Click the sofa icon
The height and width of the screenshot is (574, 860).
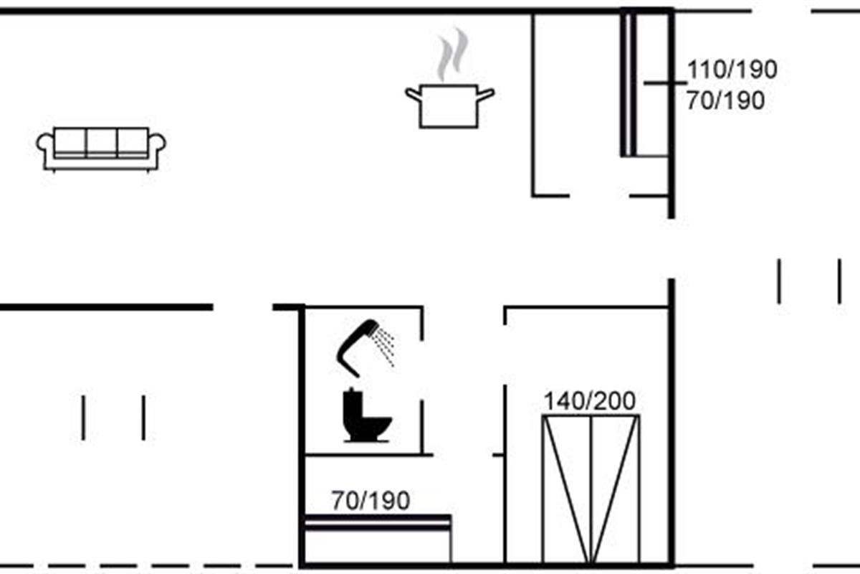101,149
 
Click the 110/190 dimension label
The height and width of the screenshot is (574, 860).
732,70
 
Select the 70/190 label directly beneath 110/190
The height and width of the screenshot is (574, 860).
725,101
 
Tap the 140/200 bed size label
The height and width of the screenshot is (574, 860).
589,401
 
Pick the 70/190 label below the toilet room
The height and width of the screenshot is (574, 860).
371,501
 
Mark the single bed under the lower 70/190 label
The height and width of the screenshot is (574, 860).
378,538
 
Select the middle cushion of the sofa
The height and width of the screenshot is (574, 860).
101,141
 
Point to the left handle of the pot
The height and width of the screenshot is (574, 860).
413,93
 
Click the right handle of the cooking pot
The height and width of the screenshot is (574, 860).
486,93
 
